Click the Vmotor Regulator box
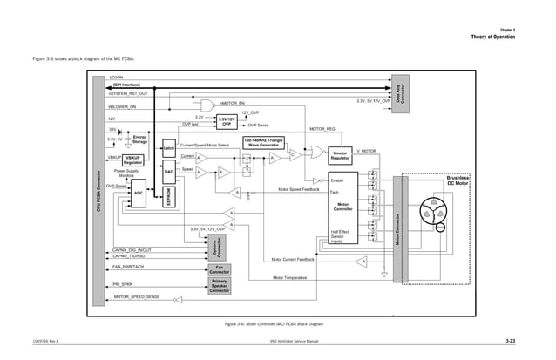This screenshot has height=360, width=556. click(341, 155)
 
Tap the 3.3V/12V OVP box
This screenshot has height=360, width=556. click(225, 121)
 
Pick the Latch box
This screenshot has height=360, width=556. click(169, 151)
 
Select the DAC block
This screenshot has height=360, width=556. click(169, 173)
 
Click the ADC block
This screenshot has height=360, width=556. click(138, 193)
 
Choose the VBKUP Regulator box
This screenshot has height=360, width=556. click(133, 160)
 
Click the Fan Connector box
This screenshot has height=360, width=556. click(220, 268)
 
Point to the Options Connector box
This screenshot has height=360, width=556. click(215, 246)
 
